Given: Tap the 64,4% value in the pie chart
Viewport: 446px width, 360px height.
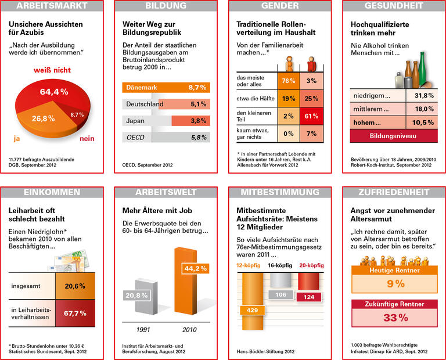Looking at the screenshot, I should tap(54, 92).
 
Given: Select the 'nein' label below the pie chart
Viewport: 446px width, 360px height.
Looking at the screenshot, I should tap(87, 139).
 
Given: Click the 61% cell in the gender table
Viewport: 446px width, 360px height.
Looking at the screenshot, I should tap(311, 116).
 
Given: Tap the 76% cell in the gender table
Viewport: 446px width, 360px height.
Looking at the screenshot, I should tap(289, 81).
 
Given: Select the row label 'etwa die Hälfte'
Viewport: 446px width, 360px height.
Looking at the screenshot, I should tap(254, 99).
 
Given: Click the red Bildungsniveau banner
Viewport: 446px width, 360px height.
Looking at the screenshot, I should tap(393, 136).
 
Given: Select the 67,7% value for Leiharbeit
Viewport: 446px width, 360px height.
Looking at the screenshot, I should tap(75, 313).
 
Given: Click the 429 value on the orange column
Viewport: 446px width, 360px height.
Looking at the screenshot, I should tap(253, 311).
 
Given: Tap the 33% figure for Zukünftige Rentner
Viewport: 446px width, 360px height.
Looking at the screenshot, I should tap(393, 317).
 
